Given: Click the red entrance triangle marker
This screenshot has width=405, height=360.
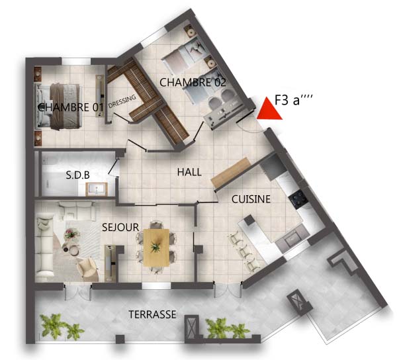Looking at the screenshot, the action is coord(269,111).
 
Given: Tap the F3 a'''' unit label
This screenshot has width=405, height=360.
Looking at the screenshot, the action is coord(293,100).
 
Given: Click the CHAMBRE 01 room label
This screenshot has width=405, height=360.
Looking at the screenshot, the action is coord(71,107).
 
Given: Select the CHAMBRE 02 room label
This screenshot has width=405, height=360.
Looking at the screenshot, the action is coord(193,82).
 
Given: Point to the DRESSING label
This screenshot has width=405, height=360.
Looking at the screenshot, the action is coord(122,101).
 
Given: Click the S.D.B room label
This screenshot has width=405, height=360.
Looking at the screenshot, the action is coord(77,175).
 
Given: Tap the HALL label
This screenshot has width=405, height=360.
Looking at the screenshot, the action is coord(189,172).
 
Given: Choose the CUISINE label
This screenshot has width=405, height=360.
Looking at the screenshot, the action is coord(251,199).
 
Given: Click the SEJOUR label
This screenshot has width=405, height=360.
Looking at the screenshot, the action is coord(120,227).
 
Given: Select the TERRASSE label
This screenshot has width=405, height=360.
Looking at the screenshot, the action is coord(152,314).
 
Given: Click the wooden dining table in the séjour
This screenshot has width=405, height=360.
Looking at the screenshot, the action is coord(156,247).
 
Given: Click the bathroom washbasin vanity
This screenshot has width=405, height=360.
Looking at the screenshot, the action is coord(97,189).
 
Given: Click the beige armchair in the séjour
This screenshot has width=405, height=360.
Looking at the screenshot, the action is coord(87,269).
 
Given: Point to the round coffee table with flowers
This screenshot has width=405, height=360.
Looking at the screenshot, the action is coord(71,235).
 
